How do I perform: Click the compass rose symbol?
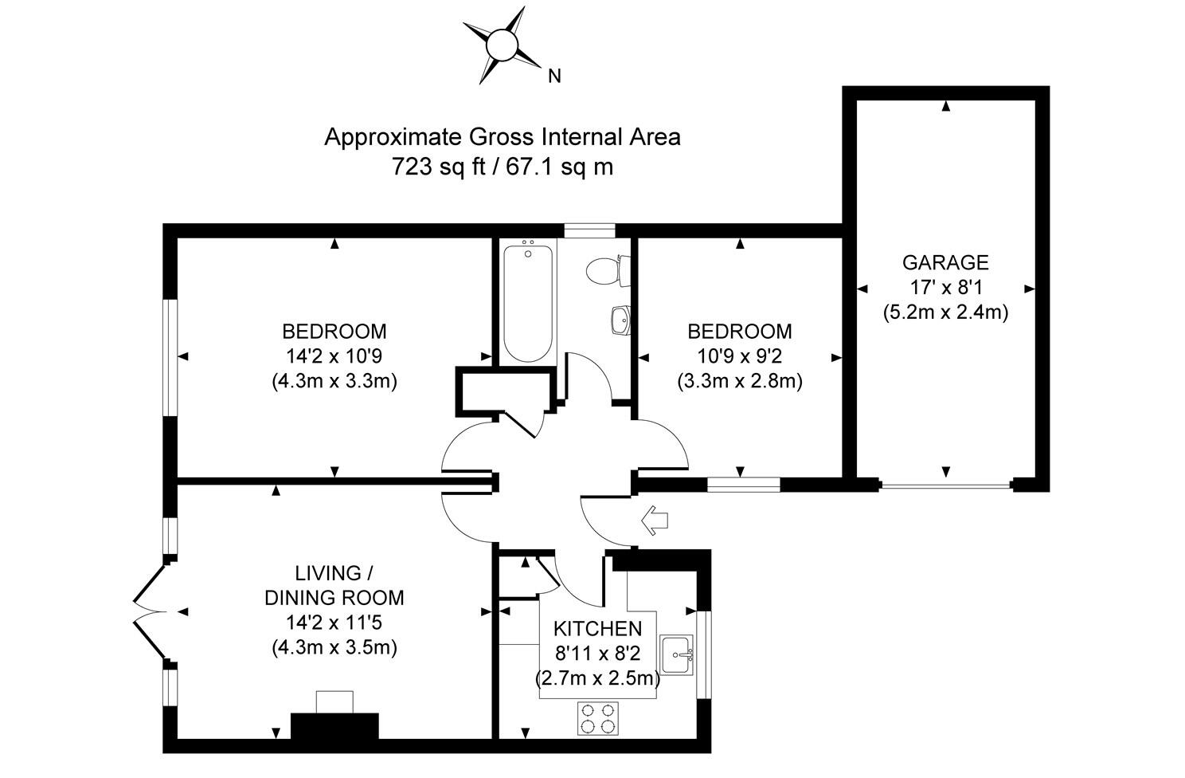[x=501, y=45]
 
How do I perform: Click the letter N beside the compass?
[x=555, y=77]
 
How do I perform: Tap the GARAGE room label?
[x=945, y=262]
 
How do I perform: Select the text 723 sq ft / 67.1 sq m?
[x=502, y=167]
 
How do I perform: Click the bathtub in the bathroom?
[x=527, y=303]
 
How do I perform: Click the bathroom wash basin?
[x=620, y=320]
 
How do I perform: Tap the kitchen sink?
[x=675, y=654]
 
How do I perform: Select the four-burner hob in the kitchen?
[x=597, y=717]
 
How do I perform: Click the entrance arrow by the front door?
[x=655, y=521]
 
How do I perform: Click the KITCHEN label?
[x=597, y=629]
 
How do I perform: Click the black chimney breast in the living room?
[x=334, y=726]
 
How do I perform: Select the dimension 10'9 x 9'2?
[x=740, y=356]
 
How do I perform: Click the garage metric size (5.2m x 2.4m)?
[x=945, y=312]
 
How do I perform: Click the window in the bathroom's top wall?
[x=589, y=230]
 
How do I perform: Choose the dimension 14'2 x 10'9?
[x=334, y=356]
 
